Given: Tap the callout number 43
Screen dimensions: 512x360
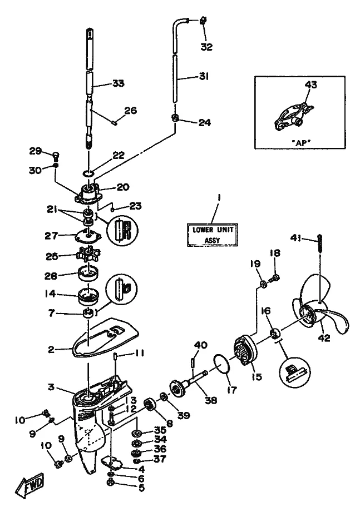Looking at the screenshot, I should [310, 84].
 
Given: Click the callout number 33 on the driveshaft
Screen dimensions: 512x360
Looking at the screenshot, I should [117, 83].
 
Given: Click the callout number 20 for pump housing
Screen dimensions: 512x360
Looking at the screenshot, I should [122, 187].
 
